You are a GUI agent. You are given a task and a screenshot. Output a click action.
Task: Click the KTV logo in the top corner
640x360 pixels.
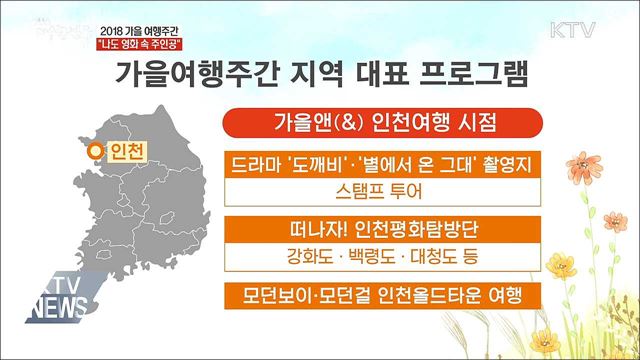click(574, 28)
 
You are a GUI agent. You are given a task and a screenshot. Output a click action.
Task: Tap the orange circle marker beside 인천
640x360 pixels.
click(95, 152)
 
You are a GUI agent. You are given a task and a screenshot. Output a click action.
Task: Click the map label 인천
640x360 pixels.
click(125, 152)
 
